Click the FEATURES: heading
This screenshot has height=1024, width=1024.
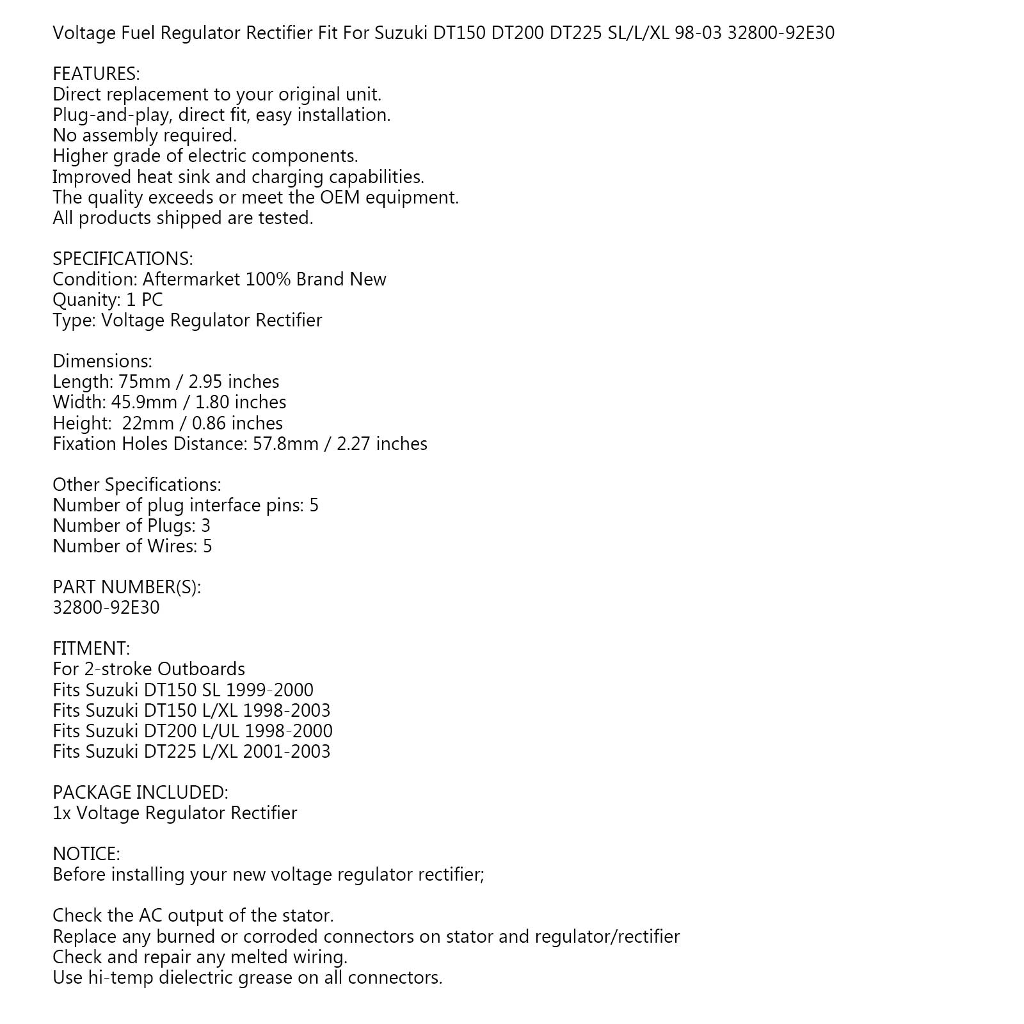point(96,74)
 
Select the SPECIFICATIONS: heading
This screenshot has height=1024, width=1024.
point(122,259)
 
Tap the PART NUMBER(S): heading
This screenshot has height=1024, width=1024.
point(127,587)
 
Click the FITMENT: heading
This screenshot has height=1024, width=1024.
point(91,648)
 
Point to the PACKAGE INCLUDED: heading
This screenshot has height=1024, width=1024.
point(140,792)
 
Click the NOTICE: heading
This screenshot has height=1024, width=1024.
point(86,854)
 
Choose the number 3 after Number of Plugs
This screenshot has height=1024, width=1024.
point(205,526)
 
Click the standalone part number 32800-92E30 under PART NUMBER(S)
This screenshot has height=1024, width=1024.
point(106,607)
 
